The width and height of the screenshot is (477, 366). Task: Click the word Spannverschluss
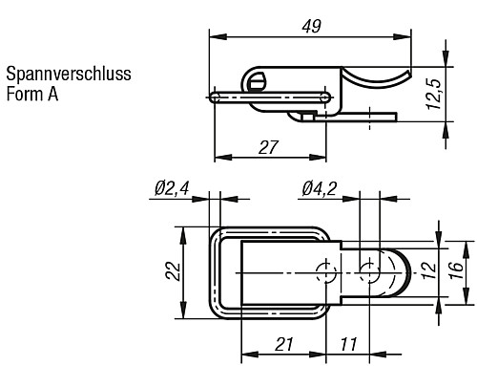click(68, 74)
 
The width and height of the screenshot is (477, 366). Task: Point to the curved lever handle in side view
click(377, 77)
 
